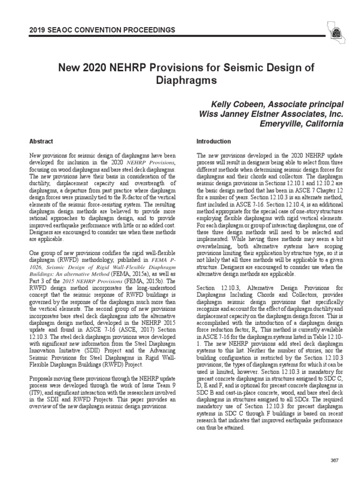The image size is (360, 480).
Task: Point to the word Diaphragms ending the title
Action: (x=180, y=80)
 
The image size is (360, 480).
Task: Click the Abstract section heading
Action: (x=41, y=141)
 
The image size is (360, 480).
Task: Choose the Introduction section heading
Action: (x=214, y=141)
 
